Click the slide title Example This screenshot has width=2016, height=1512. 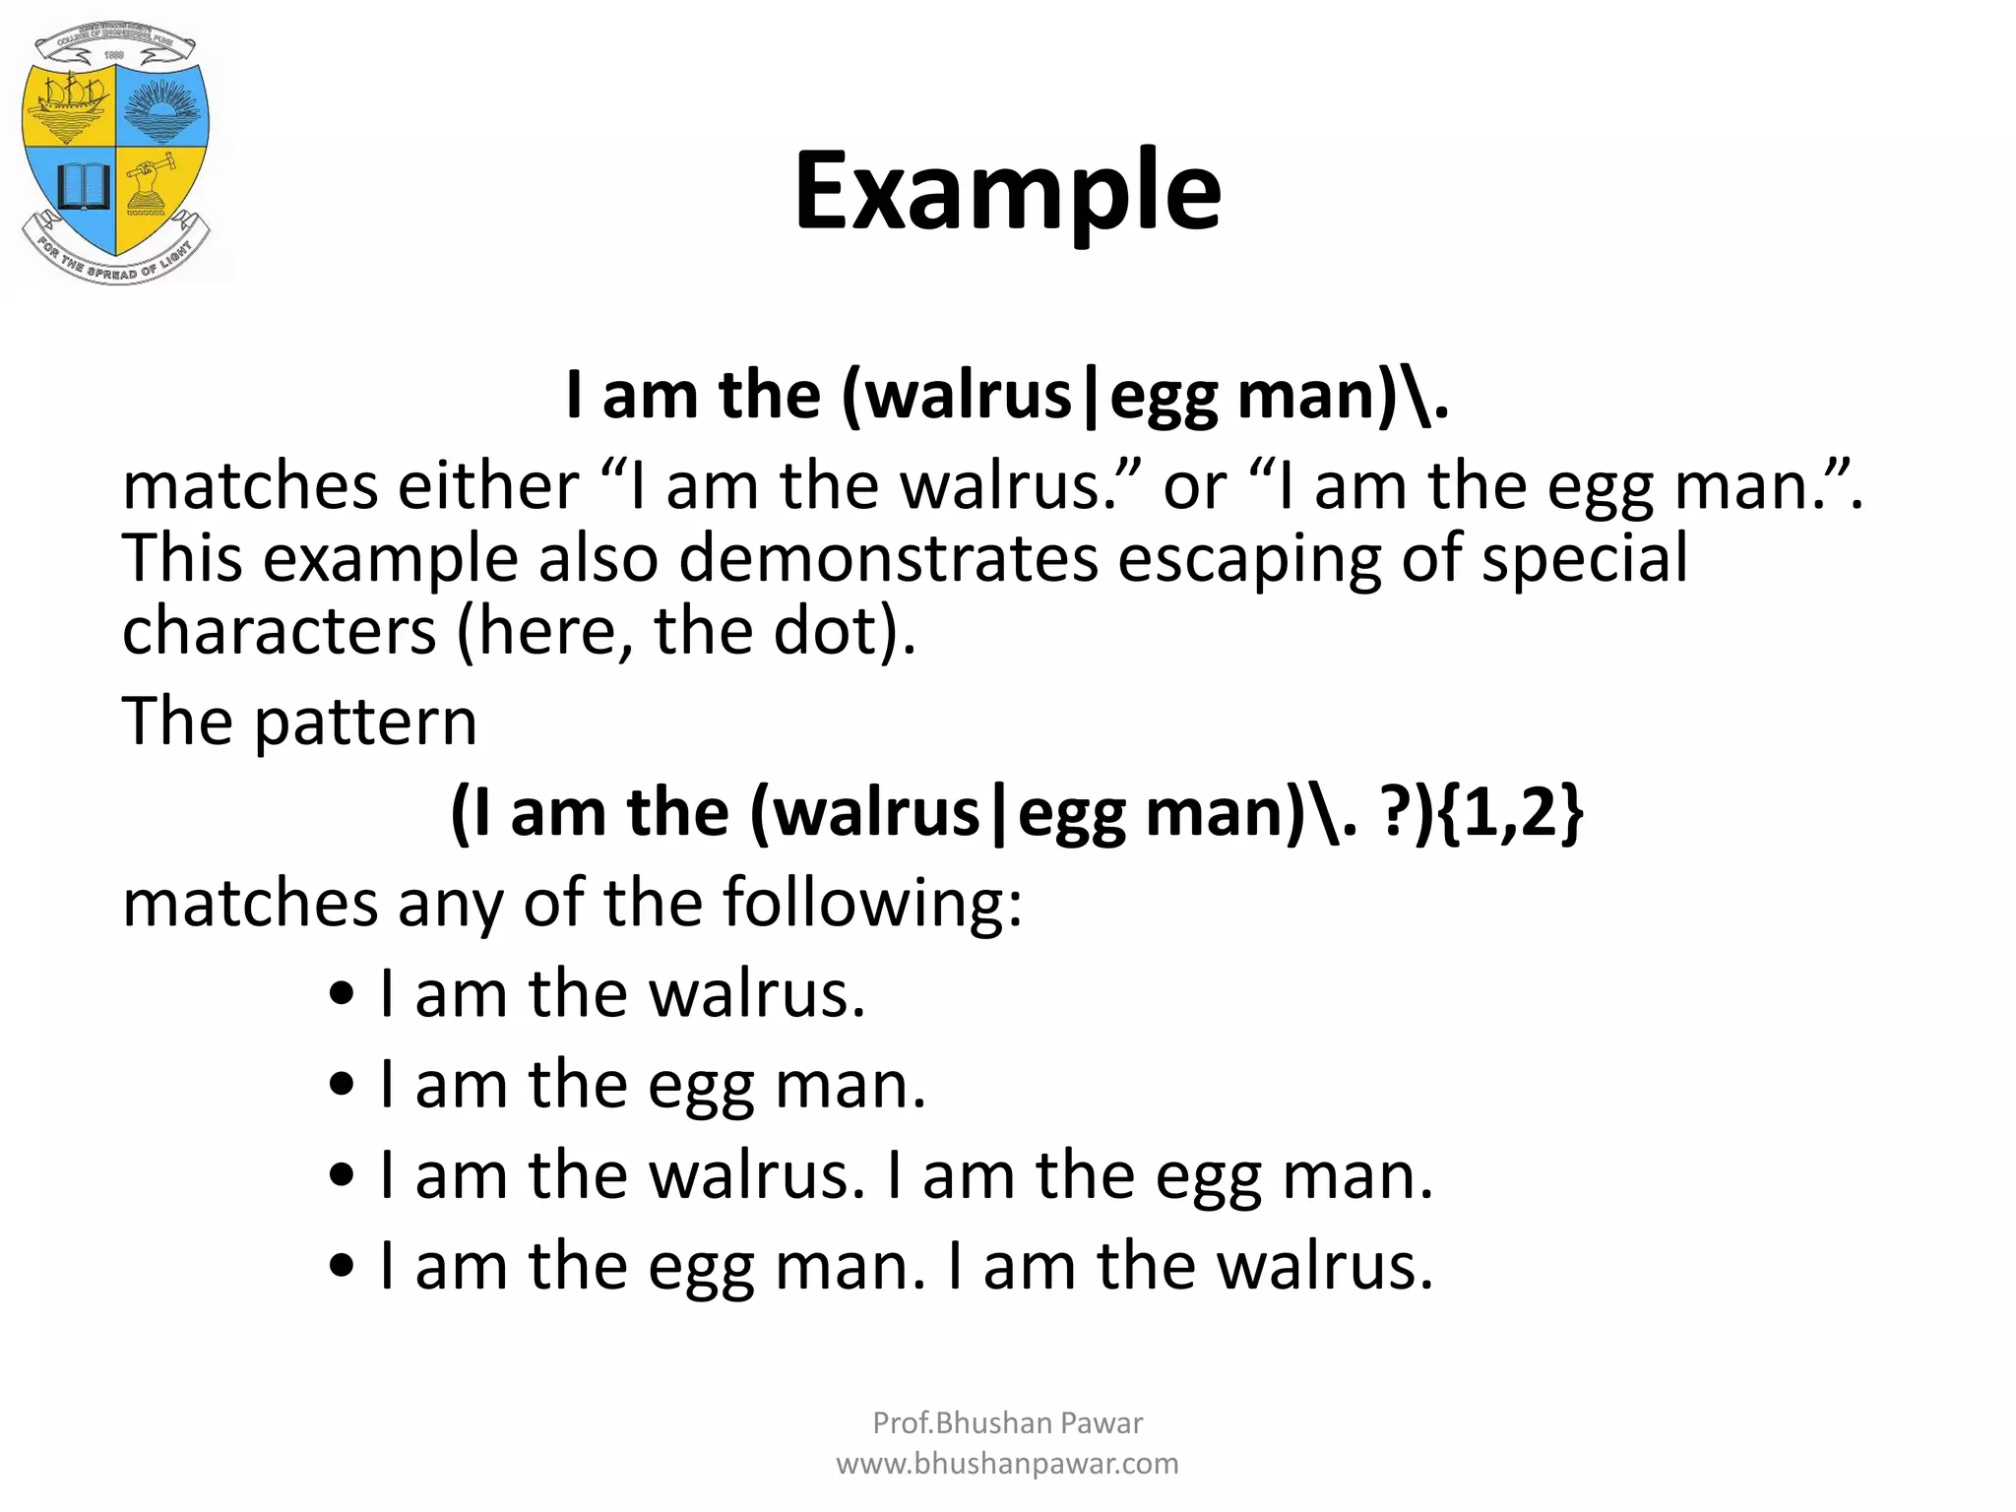pyautogui.click(x=1007, y=191)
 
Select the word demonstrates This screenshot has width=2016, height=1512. pyautogui.click(x=888, y=559)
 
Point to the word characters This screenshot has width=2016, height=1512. pyautogui.click(x=279, y=632)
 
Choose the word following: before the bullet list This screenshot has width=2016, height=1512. pyautogui.click(x=872, y=904)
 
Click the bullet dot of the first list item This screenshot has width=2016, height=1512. pyautogui.click(x=342, y=994)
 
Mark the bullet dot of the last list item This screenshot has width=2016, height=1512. pyautogui.click(x=342, y=1267)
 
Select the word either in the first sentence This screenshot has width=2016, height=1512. pyautogui.click(x=487, y=486)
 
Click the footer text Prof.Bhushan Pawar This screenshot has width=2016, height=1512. pyautogui.click(x=1007, y=1422)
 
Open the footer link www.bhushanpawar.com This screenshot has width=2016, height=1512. pyautogui.click(x=1007, y=1464)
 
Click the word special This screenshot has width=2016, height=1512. pyautogui.click(x=1584, y=559)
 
